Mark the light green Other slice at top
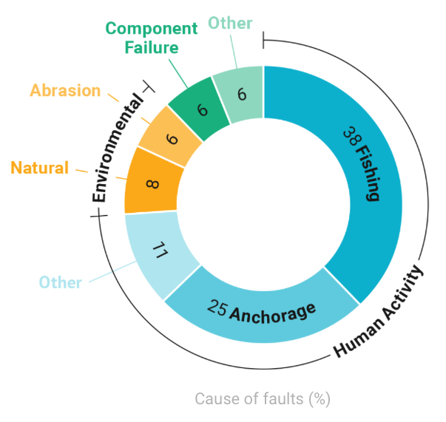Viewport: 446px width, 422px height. click(239, 95)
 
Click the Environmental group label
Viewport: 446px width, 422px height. click(118, 147)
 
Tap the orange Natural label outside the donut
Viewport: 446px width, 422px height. click(39, 167)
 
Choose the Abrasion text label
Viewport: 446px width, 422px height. click(65, 91)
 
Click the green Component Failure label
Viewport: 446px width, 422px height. click(151, 38)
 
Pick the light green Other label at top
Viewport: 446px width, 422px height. click(229, 24)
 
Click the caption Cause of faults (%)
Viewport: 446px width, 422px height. click(262, 398)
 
